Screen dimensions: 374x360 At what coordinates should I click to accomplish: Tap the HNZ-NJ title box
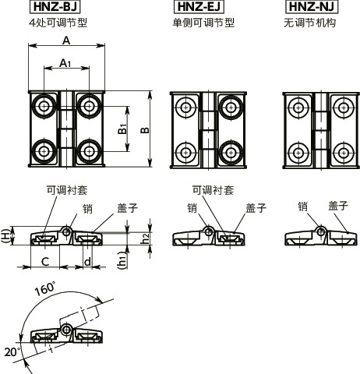pyautogui.click(x=310, y=9)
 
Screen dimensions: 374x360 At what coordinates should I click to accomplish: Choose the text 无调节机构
pyautogui.click(x=309, y=23)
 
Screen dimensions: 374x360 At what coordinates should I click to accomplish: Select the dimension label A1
pyautogui.click(x=66, y=65)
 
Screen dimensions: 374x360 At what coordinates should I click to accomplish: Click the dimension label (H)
pyautogui.click(x=6, y=236)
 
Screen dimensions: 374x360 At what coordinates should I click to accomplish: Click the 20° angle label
pyautogui.click(x=11, y=351)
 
